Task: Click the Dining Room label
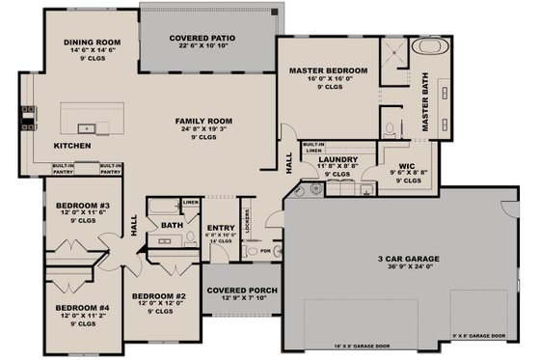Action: click(x=91, y=42)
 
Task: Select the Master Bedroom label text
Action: click(x=329, y=71)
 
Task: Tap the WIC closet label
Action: click(x=407, y=166)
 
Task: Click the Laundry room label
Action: click(x=337, y=160)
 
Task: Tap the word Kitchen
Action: click(x=70, y=147)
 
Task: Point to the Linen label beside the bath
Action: click(x=191, y=202)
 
